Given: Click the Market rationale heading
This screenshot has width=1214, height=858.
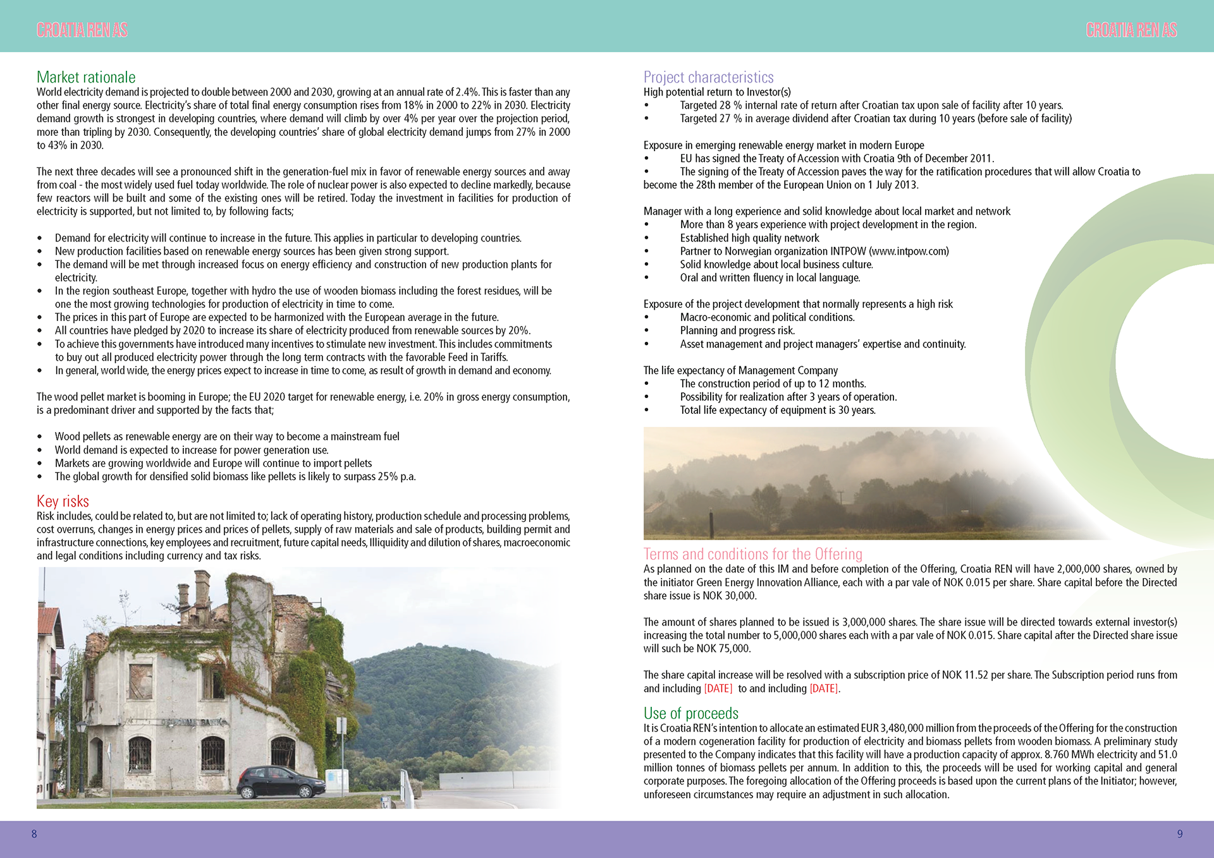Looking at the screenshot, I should pos(86,77).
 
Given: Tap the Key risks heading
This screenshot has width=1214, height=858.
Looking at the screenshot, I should pos(63,501).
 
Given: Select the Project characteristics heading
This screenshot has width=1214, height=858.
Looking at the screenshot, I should pos(708,77).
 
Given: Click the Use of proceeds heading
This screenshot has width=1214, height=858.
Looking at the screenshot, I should pos(690,713).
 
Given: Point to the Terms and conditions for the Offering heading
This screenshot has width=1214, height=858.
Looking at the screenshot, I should pos(752,554).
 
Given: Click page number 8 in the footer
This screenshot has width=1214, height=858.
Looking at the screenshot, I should pos(34,834).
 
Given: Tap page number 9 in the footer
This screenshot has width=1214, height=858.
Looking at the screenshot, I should pos(1179,834).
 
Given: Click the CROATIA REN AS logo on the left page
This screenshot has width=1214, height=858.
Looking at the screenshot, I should pos(82,30).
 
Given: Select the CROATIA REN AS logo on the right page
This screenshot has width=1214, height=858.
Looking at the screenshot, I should pos(1131,30).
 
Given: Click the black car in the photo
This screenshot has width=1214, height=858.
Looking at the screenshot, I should pos(281,783).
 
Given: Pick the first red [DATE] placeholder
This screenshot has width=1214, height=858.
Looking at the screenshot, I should pos(718,689).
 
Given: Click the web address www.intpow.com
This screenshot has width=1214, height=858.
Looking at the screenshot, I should pos(909,251).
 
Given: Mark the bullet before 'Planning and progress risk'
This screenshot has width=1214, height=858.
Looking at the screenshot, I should pos(646,331).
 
